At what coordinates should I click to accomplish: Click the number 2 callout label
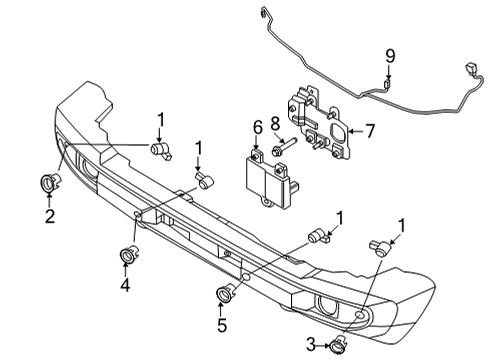pos(49,214)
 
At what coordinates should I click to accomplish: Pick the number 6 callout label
pos(257,127)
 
